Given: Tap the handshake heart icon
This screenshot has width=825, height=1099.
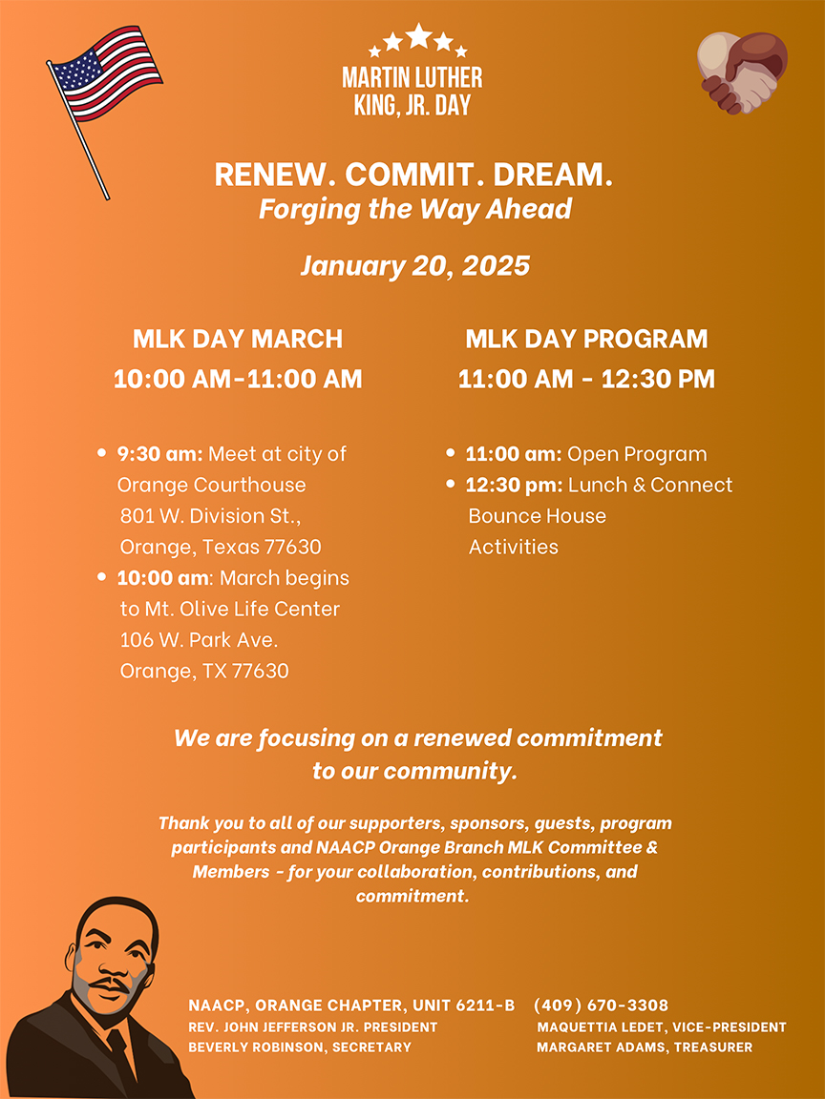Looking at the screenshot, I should click(x=742, y=73).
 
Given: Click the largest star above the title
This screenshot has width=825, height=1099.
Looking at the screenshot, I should click(x=419, y=36).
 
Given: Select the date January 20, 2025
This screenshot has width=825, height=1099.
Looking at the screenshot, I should click(x=414, y=265).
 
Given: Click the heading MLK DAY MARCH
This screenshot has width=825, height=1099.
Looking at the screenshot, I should click(x=238, y=339).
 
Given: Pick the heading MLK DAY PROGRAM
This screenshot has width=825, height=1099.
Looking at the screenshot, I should click(x=586, y=339).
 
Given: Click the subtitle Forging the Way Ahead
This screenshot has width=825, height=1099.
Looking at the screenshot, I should click(x=414, y=208).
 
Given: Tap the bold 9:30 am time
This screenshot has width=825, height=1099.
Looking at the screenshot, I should click(x=159, y=454).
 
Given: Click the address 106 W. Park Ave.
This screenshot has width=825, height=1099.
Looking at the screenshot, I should click(x=199, y=640).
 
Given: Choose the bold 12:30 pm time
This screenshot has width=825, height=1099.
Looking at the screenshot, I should click(x=514, y=486).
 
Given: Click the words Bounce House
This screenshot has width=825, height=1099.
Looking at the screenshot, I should click(x=537, y=516).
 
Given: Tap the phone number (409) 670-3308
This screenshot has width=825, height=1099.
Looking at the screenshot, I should click(x=601, y=1006).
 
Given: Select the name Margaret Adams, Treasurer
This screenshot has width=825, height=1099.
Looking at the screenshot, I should click(x=645, y=1047).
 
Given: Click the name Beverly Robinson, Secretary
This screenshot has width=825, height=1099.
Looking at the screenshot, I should click(x=300, y=1047).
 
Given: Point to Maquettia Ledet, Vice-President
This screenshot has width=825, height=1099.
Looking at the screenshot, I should click(x=662, y=1027).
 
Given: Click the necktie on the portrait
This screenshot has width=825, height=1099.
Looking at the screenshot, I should click(x=121, y=1054).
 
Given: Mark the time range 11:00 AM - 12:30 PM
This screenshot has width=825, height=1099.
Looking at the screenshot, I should click(x=586, y=379).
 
